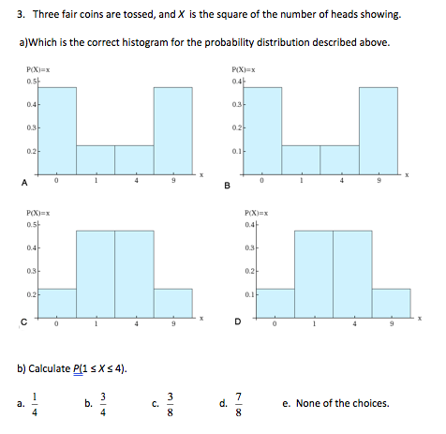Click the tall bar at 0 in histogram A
click(x=57, y=130)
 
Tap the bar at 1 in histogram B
click(x=301, y=159)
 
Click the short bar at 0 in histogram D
click(x=275, y=303)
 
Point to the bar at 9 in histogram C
click(x=172, y=303)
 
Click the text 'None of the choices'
click(x=343, y=404)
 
